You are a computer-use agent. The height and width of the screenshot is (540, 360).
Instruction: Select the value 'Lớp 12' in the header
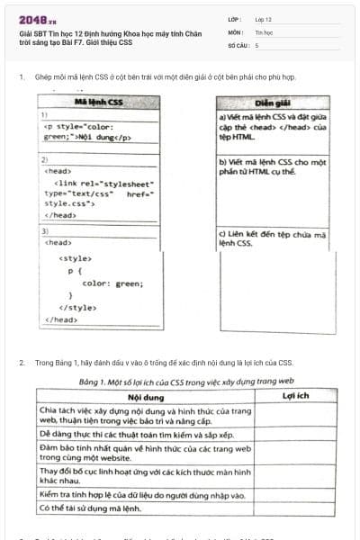point(264,19)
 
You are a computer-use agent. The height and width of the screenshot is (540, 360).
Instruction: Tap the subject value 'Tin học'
point(264,31)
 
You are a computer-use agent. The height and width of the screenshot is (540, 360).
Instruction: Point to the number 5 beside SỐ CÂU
point(256,44)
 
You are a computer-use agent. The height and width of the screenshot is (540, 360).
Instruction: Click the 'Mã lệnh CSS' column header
point(97,103)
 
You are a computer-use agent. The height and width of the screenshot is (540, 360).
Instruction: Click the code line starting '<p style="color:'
point(78,127)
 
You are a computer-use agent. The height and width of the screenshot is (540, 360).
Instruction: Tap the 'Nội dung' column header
point(145,396)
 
